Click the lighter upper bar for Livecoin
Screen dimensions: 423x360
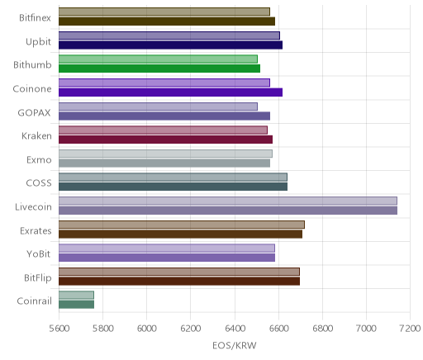pos(228,201)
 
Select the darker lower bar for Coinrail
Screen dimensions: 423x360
pos(76,305)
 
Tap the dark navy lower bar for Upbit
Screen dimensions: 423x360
pos(170,45)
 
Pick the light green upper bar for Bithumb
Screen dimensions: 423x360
pos(158,59)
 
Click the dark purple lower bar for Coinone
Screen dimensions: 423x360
pos(170,92)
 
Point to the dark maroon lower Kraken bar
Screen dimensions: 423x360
pos(165,140)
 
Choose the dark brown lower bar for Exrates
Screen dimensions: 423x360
pos(180,234)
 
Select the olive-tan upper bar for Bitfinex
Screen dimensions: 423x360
pos(164,12)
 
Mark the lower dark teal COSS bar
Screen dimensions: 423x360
pos(173,187)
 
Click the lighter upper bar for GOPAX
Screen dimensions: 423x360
pos(158,107)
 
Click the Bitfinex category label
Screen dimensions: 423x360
pos(35,18)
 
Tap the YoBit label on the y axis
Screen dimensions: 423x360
pos(39,253)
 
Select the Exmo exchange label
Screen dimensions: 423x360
pos(39,159)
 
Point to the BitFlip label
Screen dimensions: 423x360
pos(38,277)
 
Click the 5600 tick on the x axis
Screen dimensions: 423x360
pos(59,328)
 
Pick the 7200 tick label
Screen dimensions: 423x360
pos(410,328)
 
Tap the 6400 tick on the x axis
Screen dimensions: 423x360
pos(235,328)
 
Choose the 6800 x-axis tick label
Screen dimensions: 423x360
pos(322,328)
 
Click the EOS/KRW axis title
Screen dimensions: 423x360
pos(235,345)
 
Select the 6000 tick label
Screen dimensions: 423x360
pos(147,328)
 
